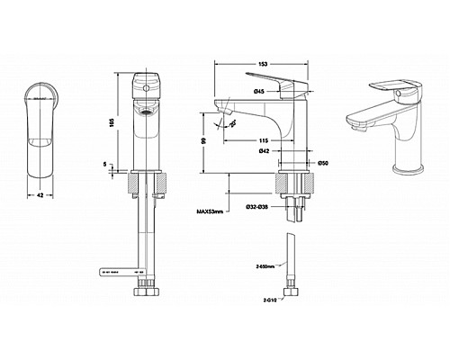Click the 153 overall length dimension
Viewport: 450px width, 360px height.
tap(261, 63)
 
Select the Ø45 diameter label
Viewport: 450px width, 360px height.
tap(257, 91)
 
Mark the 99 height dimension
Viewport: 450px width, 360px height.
tap(206, 142)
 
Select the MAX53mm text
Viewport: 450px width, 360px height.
tap(210, 212)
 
